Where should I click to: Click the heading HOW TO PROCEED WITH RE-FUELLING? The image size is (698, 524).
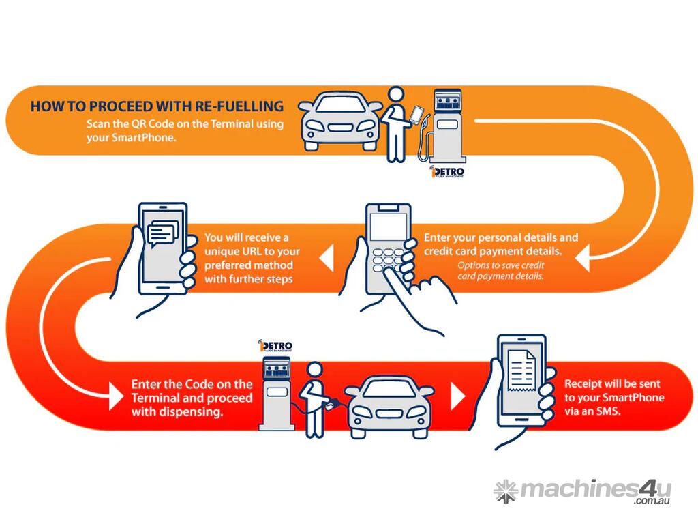[x=157, y=106]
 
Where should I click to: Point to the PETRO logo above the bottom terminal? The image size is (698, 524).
[x=275, y=345]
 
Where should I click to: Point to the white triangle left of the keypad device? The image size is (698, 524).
[x=326, y=258]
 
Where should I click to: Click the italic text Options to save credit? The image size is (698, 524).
[x=501, y=265]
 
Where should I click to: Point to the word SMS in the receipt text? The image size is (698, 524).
[x=607, y=411]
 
